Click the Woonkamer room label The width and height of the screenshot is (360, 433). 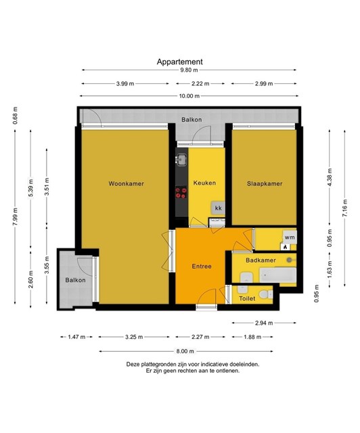tap(126, 183)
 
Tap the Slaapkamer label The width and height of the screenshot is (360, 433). tap(265, 183)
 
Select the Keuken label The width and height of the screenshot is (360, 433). tap(204, 183)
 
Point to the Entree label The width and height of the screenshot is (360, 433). tap(202, 266)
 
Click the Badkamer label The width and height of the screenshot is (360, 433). tap(261, 260)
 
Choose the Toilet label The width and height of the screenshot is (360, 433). tap(247, 298)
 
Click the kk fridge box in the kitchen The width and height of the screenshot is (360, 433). tap(219, 208)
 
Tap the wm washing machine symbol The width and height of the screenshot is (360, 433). tap(290, 237)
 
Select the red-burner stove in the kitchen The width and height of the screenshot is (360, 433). tap(181, 192)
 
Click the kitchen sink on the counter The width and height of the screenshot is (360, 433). tap(181, 160)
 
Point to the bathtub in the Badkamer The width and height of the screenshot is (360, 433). tap(277, 275)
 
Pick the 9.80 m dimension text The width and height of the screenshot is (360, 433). tap(189, 70)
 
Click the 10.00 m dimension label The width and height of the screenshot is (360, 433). tap(189, 96)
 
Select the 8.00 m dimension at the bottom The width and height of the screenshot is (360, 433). tap(185, 351)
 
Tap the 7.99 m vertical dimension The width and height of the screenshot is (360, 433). tap(16, 216)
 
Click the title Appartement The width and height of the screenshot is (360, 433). tap(179, 62)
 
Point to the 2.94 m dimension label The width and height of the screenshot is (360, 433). tap(264, 323)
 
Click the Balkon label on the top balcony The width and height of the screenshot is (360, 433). tap(192, 120)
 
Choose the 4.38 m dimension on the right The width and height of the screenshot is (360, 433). tap(330, 177)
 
